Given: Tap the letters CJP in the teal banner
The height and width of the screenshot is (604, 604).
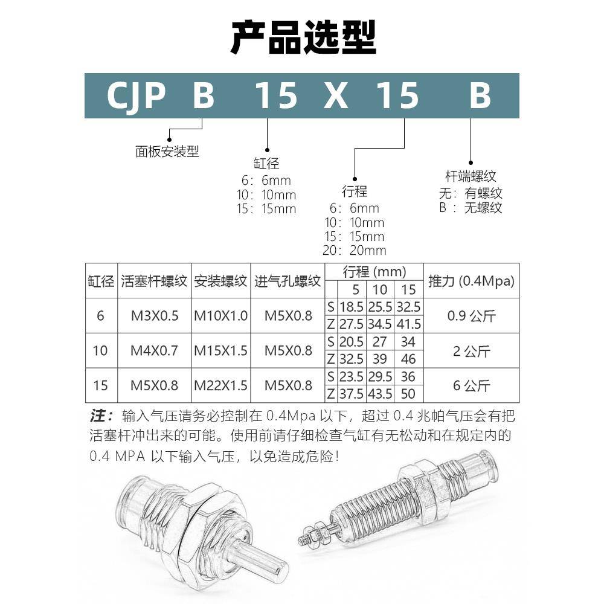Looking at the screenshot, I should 136,95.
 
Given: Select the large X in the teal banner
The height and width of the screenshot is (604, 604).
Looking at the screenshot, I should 336,95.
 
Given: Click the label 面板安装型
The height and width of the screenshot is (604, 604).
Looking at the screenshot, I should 167,151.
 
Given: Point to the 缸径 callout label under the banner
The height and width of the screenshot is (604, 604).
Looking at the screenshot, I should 266,164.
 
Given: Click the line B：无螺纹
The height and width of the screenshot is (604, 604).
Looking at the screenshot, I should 471,208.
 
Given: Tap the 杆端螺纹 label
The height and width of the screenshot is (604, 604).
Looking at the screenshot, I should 471,176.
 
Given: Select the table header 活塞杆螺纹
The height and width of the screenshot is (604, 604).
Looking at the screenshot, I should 154,281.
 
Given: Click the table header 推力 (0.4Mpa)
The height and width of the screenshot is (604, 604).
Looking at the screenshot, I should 471,281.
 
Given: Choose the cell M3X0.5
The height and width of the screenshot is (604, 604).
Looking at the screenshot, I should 155,315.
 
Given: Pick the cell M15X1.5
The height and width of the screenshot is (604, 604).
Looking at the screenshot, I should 220,350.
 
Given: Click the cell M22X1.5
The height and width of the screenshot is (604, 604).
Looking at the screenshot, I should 220,385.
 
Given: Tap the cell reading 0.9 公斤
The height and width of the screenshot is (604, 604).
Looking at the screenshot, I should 471,315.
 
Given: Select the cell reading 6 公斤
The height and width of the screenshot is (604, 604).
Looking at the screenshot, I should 471,385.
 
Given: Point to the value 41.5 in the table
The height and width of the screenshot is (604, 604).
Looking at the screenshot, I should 408,324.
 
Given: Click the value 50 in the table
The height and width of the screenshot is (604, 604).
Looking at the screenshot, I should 408,394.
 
